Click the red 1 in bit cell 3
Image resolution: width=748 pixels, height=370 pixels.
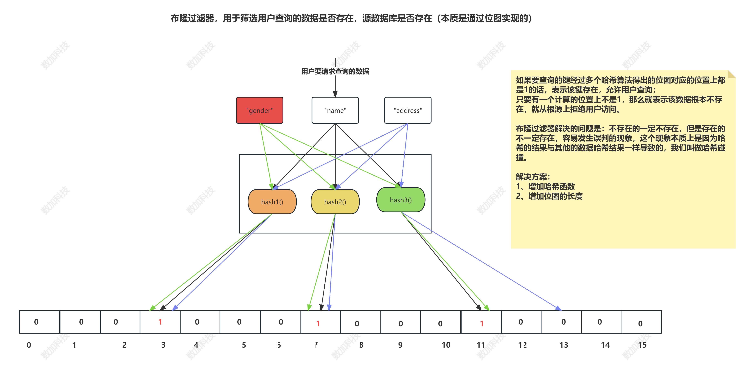tap(160, 322)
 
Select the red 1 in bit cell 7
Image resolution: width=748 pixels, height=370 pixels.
tap(318, 323)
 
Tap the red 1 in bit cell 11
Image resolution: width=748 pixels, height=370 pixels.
tap(482, 323)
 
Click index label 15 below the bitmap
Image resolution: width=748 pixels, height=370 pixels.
tap(642, 345)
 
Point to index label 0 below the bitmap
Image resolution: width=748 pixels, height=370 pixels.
tap(29, 345)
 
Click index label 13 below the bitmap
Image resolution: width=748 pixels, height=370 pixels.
tap(564, 345)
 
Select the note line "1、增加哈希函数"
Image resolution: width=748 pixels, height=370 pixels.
tap(545, 186)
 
